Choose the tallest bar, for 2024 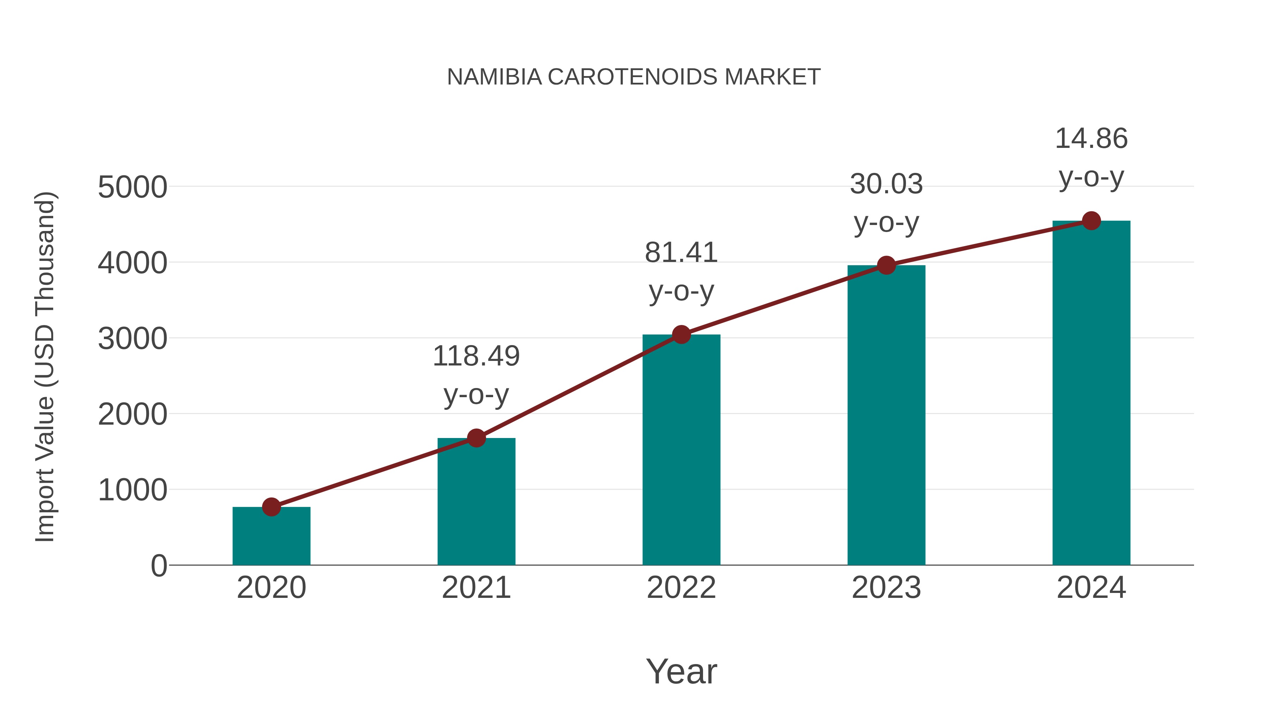pos(1091,394)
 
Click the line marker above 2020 pos(271,507)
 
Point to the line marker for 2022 pos(681,334)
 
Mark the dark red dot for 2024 pos(1091,221)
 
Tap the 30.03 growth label pos(886,184)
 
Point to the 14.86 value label pos(1091,138)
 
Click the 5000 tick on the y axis pos(132,187)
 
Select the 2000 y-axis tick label pos(132,415)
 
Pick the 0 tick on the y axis pos(158,566)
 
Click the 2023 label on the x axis pos(886,588)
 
